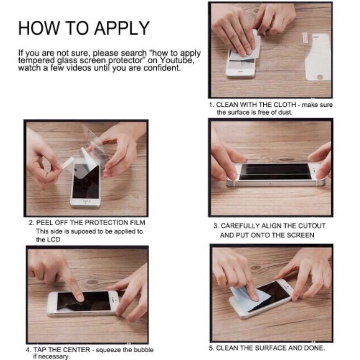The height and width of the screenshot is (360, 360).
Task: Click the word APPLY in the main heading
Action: click(121, 28)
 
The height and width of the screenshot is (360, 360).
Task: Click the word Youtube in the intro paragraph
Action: click(177, 60)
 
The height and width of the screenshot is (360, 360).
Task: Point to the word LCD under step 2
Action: click(54, 240)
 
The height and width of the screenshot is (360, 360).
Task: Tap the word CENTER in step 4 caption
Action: click(76, 350)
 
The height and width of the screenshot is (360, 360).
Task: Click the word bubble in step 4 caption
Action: click(143, 350)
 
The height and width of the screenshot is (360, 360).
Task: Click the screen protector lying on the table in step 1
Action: click(318, 57)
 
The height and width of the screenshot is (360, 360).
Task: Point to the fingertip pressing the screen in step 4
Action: click(79, 298)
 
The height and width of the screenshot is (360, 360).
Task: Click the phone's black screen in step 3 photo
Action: click(274, 172)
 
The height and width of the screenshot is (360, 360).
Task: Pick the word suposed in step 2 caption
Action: click(83, 231)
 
